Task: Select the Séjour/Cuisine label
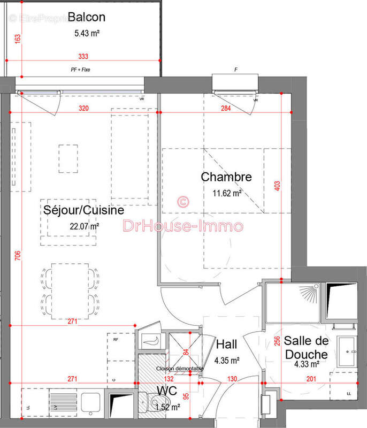click(83, 210)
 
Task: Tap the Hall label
click(227, 345)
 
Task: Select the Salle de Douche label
click(307, 347)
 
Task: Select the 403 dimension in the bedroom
click(277, 186)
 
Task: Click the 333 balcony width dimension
click(83, 56)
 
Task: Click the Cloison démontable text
click(180, 369)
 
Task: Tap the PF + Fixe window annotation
click(80, 69)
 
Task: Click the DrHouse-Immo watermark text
click(183, 226)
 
